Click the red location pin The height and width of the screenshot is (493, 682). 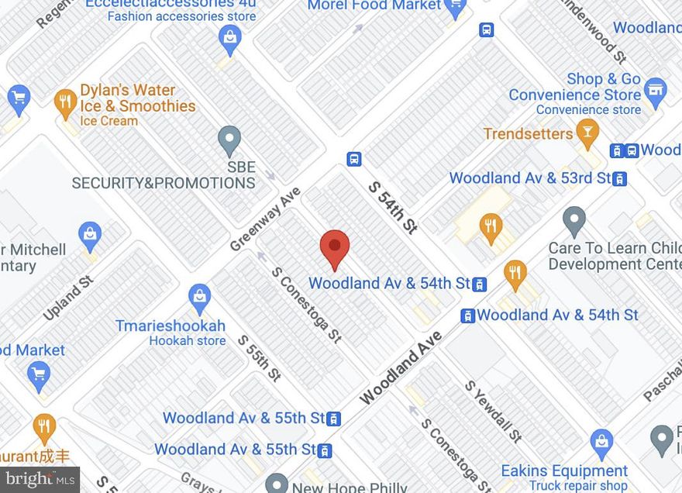pyautogui.click(x=335, y=249)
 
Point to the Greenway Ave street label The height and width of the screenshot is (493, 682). pyautogui.click(x=265, y=219)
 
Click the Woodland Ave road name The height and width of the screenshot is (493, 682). pyautogui.click(x=401, y=367)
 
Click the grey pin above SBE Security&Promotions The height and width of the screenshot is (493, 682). pyautogui.click(x=229, y=140)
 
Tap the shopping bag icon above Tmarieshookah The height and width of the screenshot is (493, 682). pyautogui.click(x=199, y=296)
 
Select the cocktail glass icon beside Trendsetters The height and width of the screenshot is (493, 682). pyautogui.click(x=587, y=134)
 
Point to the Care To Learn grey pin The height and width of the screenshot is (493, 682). pyautogui.click(x=574, y=221)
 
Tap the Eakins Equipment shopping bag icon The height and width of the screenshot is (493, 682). pyautogui.click(x=601, y=443)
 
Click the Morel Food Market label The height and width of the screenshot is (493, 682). pyautogui.click(x=375, y=6)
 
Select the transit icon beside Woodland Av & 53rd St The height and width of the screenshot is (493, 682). pyautogui.click(x=619, y=179)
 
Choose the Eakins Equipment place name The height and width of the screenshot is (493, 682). pyautogui.click(x=564, y=471)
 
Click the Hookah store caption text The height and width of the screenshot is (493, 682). pyautogui.click(x=188, y=341)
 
